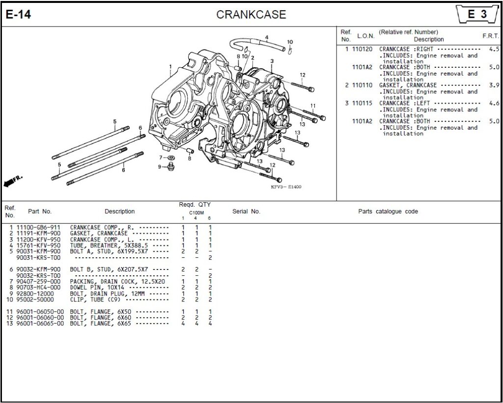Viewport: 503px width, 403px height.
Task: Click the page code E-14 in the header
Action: tap(18, 15)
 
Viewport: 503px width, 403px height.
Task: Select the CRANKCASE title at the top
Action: tap(251, 15)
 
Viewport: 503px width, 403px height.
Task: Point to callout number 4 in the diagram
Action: tap(267, 37)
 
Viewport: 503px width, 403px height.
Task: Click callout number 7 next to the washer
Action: tap(160, 157)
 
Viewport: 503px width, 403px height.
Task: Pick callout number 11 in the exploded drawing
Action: tap(313, 106)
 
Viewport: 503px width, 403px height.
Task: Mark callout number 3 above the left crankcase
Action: tap(272, 61)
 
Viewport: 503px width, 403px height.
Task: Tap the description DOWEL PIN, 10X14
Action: tap(100, 287)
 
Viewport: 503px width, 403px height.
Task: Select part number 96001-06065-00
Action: tap(40, 323)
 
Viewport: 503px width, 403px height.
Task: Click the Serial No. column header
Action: tap(246, 212)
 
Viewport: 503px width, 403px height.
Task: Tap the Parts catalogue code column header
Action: tap(388, 212)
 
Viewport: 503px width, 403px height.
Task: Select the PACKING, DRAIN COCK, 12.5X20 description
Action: tap(117, 281)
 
